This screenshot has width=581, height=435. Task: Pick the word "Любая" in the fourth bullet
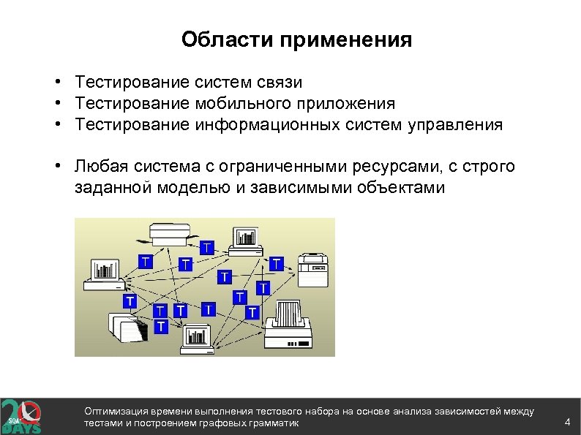pos(98,167)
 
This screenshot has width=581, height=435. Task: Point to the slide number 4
pos(567,423)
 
